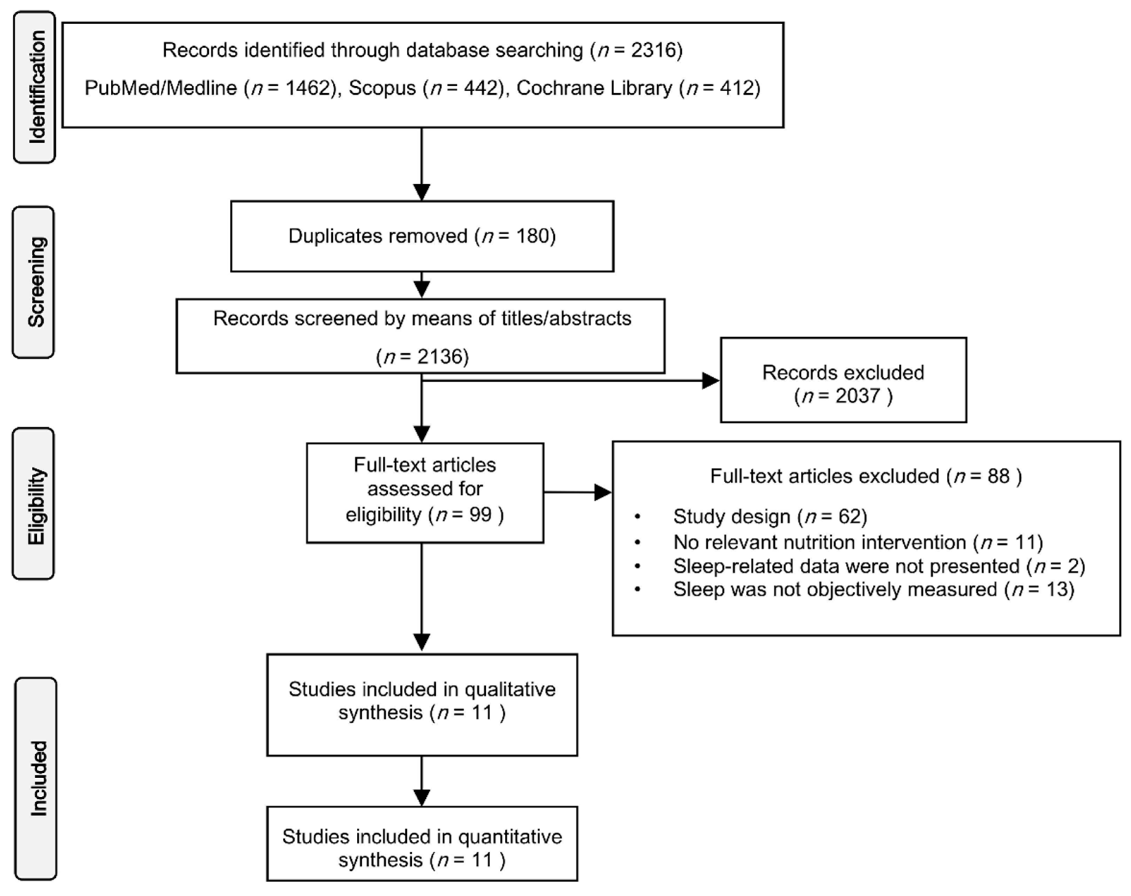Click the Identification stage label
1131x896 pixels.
[35, 87]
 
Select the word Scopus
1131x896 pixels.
[382, 88]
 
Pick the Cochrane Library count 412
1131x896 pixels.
[737, 88]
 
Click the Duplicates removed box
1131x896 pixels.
[422, 236]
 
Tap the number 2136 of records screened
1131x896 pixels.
[440, 357]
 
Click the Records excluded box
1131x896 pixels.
[843, 380]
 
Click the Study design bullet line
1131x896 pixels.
[769, 517]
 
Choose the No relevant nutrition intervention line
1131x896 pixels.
[857, 542]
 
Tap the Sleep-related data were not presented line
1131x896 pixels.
[878, 566]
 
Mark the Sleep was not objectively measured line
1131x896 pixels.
[873, 590]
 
